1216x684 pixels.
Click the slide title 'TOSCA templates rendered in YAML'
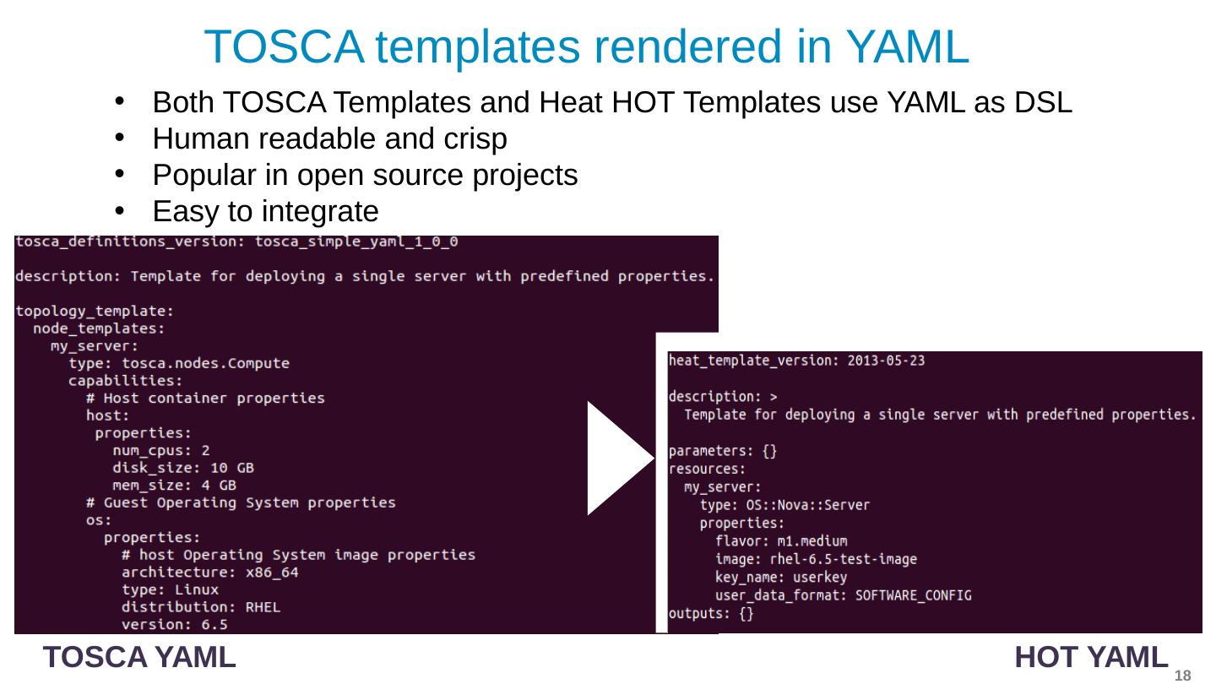coord(586,46)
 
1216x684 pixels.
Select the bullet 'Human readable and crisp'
coord(329,139)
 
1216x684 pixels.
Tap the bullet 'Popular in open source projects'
coord(365,176)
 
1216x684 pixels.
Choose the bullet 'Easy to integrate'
coord(265,209)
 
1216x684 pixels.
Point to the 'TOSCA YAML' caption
coord(139,656)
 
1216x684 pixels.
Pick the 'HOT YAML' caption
coord(1093,656)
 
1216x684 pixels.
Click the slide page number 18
coord(1182,676)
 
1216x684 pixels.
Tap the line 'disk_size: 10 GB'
coord(183,468)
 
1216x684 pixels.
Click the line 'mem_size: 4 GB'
coord(174,486)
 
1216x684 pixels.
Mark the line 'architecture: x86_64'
coord(209,573)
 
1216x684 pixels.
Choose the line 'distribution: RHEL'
coord(201,607)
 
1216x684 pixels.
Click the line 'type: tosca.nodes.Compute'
coord(179,363)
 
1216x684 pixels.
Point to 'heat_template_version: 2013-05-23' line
coord(796,361)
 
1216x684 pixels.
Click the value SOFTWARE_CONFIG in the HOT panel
coord(913,595)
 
